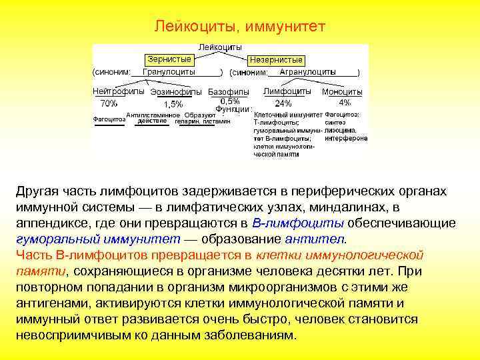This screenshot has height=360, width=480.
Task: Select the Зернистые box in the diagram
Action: [x=167, y=59]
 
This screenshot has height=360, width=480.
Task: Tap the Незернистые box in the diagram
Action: [x=275, y=59]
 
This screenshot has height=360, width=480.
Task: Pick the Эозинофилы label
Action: [x=177, y=92]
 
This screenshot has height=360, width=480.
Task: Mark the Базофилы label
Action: [x=229, y=92]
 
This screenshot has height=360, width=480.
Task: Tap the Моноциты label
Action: [x=342, y=92]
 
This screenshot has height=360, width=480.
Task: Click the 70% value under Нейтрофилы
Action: [x=109, y=103]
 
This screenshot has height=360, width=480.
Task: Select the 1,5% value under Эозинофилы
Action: [x=173, y=104]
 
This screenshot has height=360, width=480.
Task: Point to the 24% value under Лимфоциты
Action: [x=283, y=103]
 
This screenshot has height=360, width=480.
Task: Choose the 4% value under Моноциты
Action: [x=345, y=103]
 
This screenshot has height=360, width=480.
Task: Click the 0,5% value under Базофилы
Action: [x=230, y=100]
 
